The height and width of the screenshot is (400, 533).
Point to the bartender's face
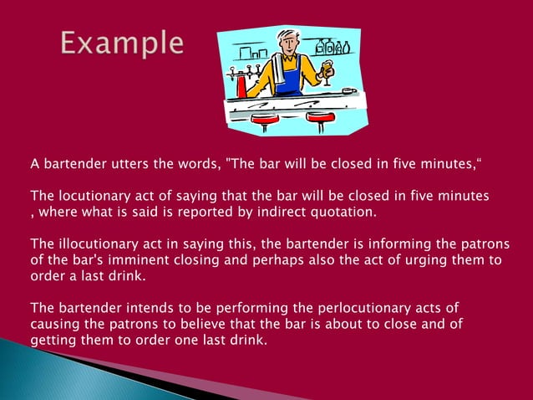(289, 44)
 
